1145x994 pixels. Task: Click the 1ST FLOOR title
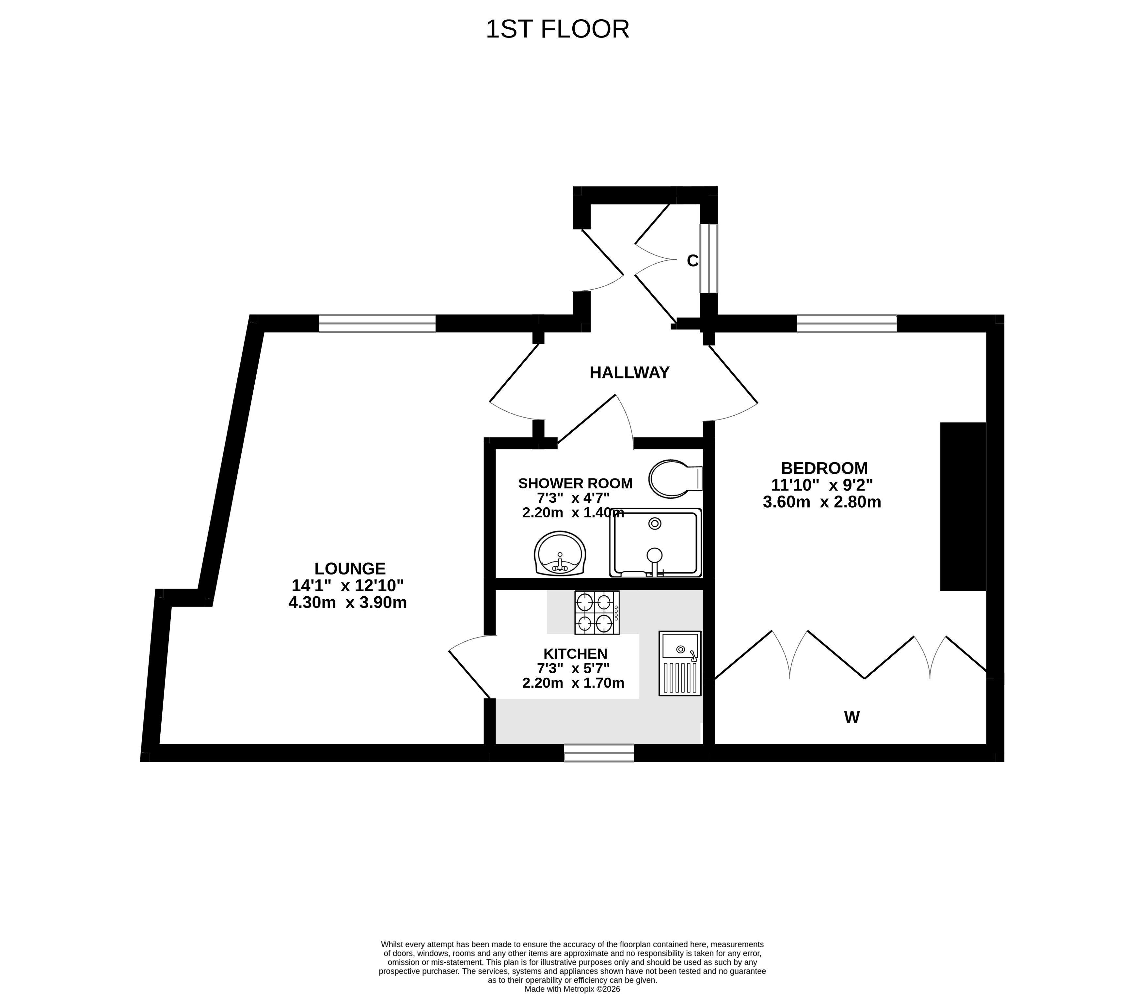pos(557,29)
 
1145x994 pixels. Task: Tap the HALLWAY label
pos(629,373)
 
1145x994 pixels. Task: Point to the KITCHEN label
pos(576,654)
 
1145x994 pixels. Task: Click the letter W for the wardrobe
pos(852,717)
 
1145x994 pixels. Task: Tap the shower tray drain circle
pos(655,523)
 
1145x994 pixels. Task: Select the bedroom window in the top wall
pos(846,323)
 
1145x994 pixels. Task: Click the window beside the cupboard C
pos(709,258)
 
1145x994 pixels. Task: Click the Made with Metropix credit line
pos(572,988)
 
